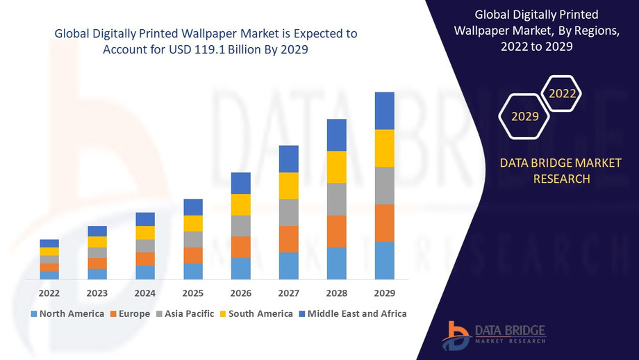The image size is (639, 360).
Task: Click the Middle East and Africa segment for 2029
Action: click(384, 111)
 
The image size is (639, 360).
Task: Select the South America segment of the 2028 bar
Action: click(337, 167)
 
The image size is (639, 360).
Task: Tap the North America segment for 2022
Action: click(49, 275)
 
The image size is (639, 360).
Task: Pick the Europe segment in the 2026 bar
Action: click(241, 247)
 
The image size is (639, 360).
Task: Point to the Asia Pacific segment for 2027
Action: click(288, 213)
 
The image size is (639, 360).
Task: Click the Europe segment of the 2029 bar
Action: click(384, 223)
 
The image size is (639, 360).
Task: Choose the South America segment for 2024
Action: click(145, 233)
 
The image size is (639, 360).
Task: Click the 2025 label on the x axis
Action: click(193, 293)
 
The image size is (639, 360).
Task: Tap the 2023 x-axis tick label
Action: click(97, 293)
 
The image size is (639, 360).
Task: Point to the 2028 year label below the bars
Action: click(337, 293)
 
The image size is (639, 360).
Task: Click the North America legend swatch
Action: click(34, 314)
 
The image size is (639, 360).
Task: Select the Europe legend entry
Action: click(130, 314)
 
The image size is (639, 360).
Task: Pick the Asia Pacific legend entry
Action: click(185, 314)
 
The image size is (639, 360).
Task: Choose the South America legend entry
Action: click(256, 314)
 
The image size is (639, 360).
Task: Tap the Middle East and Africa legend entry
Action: click(353, 314)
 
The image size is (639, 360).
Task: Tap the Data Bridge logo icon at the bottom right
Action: click(456, 336)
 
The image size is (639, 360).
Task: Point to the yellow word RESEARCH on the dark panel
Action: click(562, 179)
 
